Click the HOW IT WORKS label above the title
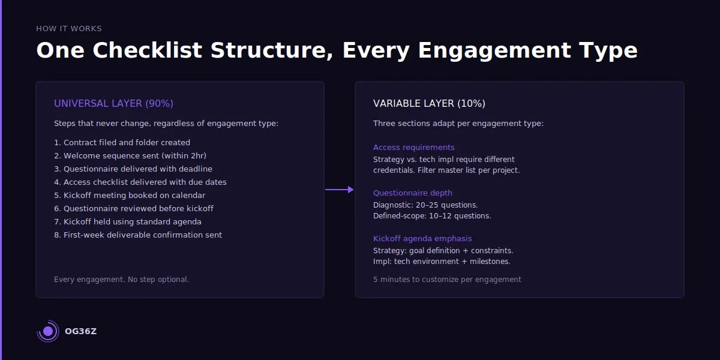tap(68, 29)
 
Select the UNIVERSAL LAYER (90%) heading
tap(113, 104)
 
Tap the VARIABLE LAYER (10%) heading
tap(429, 104)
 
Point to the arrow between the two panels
tap(340, 190)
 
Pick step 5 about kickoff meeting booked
tap(130, 196)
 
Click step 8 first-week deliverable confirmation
tap(138, 235)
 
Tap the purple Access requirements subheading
tap(413, 148)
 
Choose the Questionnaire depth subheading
tap(412, 193)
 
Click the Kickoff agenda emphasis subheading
tap(422, 239)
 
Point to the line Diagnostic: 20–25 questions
tap(425, 205)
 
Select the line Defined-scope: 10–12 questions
tap(432, 216)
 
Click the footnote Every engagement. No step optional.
tap(121, 280)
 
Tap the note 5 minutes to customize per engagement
tap(447, 280)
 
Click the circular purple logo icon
tap(48, 331)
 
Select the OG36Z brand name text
tap(80, 331)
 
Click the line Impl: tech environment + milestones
tap(442, 262)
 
